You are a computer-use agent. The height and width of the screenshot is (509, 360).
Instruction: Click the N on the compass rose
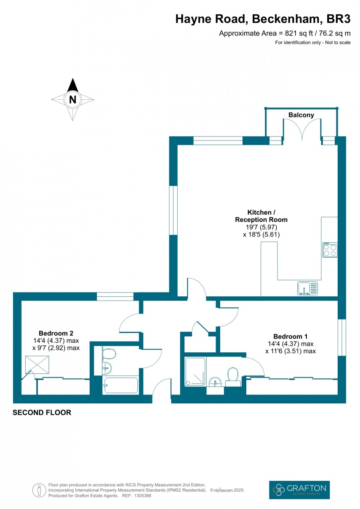pos(73,100)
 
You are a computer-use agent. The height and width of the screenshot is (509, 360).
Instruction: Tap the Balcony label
pos(301,115)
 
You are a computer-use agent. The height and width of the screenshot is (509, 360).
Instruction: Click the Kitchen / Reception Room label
pos(261,216)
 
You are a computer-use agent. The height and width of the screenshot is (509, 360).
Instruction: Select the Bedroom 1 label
pos(290,336)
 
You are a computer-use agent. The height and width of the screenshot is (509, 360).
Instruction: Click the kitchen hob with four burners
pos(330,250)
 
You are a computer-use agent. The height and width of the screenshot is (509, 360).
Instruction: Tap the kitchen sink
pos(308,288)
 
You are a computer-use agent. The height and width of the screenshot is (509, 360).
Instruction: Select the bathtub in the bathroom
pos(120,385)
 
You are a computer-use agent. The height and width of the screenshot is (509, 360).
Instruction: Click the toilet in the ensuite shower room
pos(232,376)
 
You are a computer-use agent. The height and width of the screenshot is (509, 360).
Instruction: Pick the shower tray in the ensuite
pos(195,371)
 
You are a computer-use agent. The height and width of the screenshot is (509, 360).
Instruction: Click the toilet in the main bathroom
pos(109,353)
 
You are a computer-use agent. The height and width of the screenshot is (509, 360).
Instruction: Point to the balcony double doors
pos(301,131)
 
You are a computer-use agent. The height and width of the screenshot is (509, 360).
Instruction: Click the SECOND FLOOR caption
pos(42,413)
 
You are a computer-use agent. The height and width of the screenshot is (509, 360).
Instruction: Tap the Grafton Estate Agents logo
pos(299,490)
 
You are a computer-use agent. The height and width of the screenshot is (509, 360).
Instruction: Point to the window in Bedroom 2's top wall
pos(115,296)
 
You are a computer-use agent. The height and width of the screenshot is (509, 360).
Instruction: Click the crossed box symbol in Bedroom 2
pos(37,364)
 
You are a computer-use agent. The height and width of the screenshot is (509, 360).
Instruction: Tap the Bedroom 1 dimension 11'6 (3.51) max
pos(290,351)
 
